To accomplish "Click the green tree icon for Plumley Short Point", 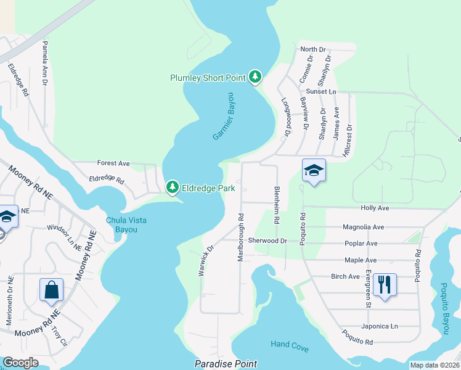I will point(255,77).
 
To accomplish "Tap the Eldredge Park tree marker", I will point(173,186).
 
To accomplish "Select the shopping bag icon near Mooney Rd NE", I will point(51,289).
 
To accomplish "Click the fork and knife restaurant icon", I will point(385,284).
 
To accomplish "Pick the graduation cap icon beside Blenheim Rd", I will point(314,170).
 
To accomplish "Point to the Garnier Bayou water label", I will point(224,116).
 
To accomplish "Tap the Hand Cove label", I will point(289,347).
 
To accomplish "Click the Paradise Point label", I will point(226,364).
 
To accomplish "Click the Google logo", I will point(20,363).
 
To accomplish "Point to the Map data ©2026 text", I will point(434,365).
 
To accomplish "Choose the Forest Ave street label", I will point(113,163).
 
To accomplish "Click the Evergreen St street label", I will point(367,288).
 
